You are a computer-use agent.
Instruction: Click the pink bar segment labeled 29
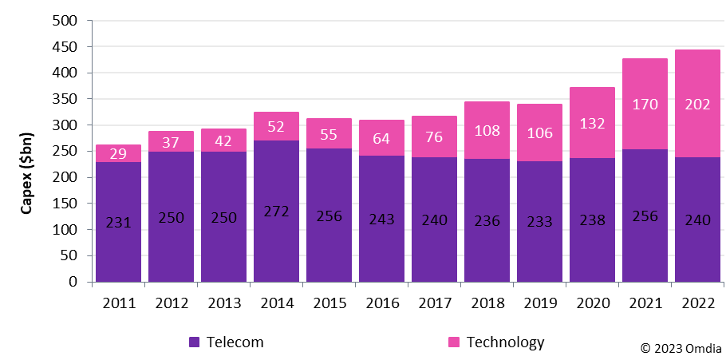pyautogui.click(x=118, y=153)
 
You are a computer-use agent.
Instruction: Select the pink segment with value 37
pyautogui.click(x=171, y=141)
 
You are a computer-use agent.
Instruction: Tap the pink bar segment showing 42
pyautogui.click(x=223, y=140)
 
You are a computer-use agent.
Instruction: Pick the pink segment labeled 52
pyautogui.click(x=276, y=126)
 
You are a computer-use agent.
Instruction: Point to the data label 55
pyautogui.click(x=329, y=134)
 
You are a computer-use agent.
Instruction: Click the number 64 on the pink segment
pyautogui.click(x=381, y=139)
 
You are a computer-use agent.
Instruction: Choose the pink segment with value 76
pyautogui.click(x=434, y=137)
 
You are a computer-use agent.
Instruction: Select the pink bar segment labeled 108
pyautogui.click(x=487, y=130)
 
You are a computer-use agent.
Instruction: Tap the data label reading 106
pyautogui.click(x=539, y=133)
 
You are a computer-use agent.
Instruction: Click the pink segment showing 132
pyautogui.click(x=592, y=122)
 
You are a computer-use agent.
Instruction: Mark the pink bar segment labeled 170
pyautogui.click(x=645, y=104)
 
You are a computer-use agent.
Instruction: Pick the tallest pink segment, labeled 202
pyautogui.click(x=697, y=104)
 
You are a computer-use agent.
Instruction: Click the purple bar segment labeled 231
pyautogui.click(x=118, y=223)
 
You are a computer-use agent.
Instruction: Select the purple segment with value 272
pyautogui.click(x=276, y=211)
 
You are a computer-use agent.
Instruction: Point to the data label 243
pyautogui.click(x=381, y=220)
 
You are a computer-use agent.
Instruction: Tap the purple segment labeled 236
pyautogui.click(x=487, y=220)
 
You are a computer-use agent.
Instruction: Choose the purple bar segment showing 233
pyautogui.click(x=539, y=222)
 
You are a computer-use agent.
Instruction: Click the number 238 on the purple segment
pyautogui.click(x=592, y=220)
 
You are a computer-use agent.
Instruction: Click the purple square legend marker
pyautogui.click(x=195, y=342)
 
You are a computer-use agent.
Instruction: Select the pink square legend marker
pyautogui.click(x=454, y=342)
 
